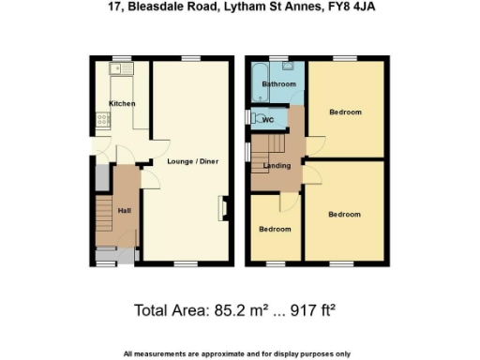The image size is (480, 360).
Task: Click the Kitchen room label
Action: point(122,103)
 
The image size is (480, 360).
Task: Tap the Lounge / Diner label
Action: point(194,161)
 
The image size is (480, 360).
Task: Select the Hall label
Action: point(124,210)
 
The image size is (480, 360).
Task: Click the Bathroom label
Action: point(278,84)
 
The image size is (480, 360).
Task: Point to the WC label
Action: point(268,120)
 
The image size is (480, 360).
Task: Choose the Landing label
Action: point(277,167)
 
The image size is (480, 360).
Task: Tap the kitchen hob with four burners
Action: point(99,119)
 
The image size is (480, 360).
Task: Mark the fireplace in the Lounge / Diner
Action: point(222,207)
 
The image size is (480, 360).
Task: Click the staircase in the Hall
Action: point(101,218)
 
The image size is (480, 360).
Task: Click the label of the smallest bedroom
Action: point(275,230)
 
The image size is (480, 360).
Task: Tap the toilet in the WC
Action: point(253,119)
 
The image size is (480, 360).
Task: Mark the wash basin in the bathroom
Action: point(291,67)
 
